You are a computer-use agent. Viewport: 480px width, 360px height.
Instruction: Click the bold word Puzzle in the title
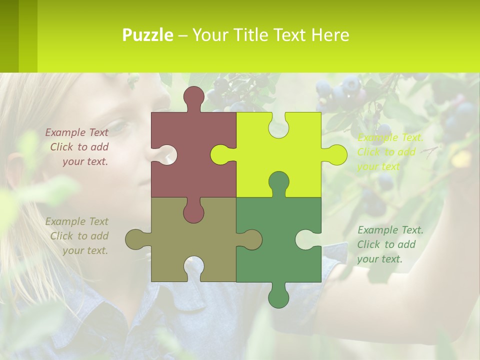(x=147, y=35)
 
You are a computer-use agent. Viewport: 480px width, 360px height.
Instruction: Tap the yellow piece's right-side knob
(x=336, y=154)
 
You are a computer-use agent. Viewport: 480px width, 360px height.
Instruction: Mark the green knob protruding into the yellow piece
(x=278, y=182)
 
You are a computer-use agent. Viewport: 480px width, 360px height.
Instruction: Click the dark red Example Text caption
(x=77, y=147)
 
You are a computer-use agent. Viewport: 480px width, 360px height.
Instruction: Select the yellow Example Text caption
(x=389, y=152)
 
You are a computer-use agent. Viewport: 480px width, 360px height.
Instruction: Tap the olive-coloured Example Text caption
(x=77, y=236)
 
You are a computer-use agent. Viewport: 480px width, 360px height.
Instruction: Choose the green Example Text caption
(x=389, y=244)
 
